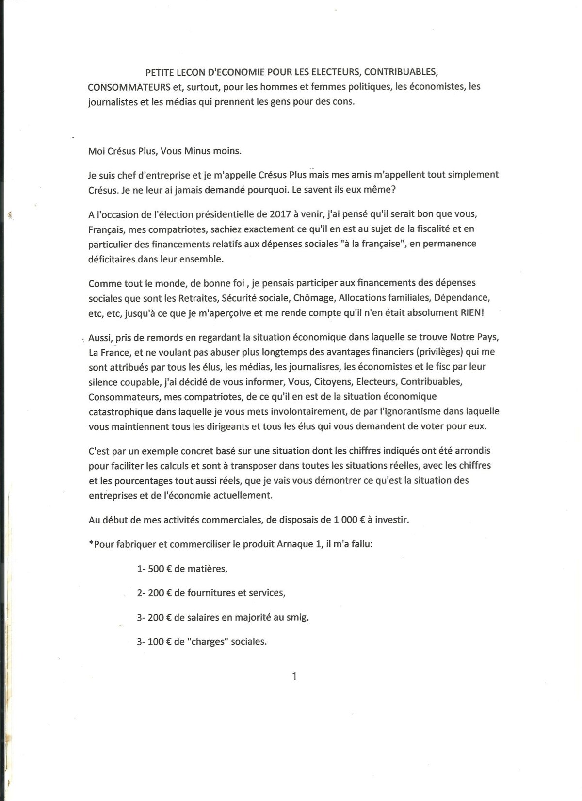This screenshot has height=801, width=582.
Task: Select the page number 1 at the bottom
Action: [294, 676]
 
